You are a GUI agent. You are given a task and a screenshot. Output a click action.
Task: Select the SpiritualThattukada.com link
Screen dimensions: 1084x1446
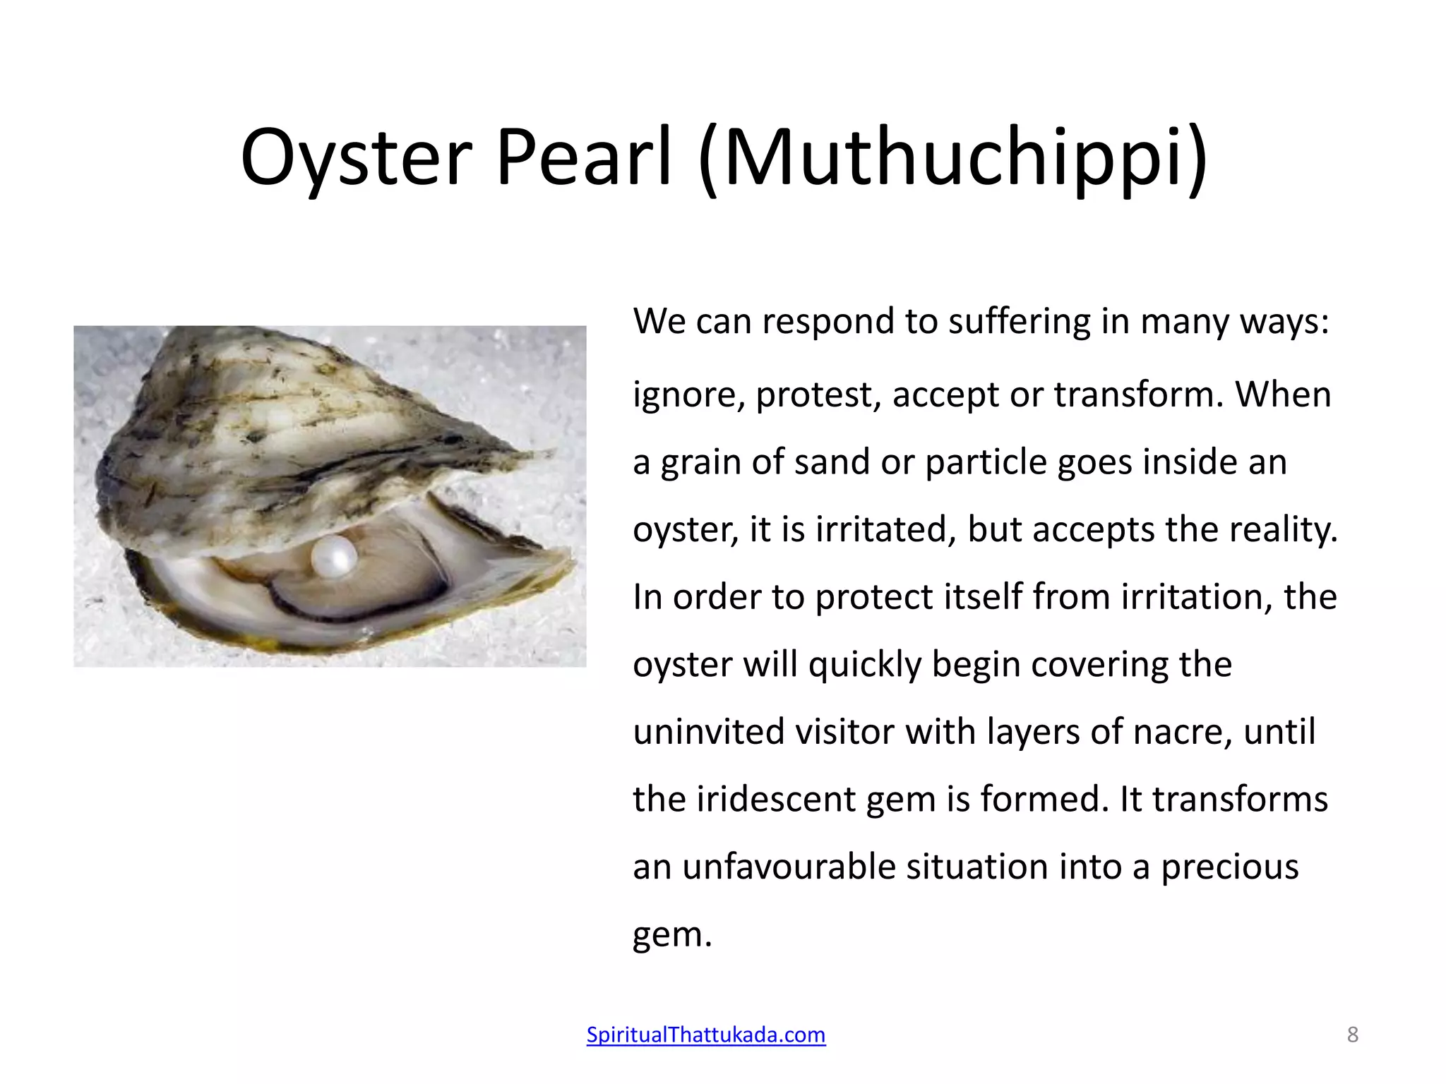click(x=706, y=1035)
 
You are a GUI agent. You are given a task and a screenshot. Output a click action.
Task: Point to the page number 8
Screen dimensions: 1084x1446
click(x=1352, y=1035)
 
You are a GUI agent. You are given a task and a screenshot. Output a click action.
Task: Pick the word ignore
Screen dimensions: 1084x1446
click(x=689, y=395)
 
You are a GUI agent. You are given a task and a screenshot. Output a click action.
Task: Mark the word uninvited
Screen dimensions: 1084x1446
click(x=709, y=732)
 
